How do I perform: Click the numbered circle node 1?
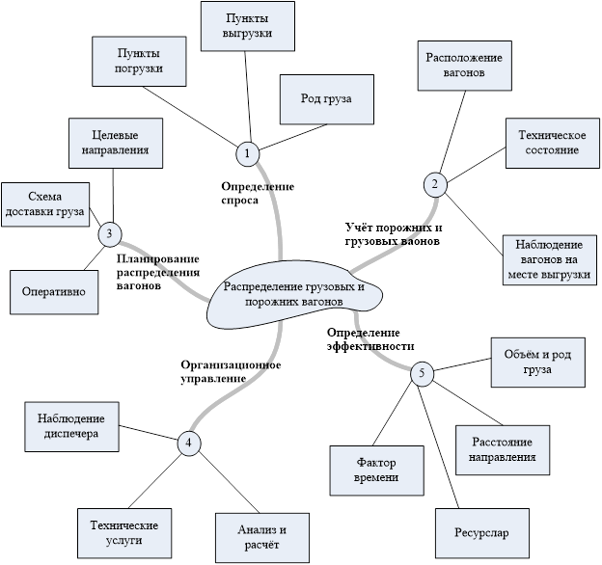click(248, 153)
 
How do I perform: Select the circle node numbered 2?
click(434, 184)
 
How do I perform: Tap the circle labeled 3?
click(109, 232)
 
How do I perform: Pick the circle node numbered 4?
click(189, 443)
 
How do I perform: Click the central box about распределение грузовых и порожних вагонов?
click(292, 293)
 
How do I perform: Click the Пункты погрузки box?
click(140, 61)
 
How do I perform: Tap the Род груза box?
click(324, 97)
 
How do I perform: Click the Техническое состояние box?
click(545, 144)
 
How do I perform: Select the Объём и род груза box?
click(537, 362)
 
